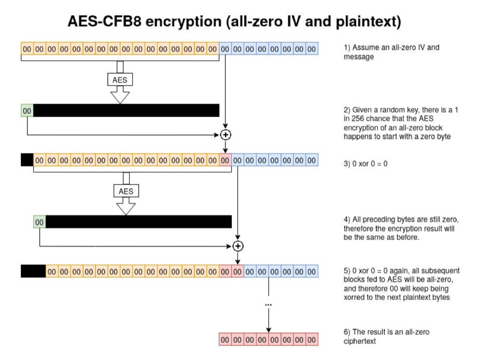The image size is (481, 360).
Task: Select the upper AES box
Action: pos(120,80)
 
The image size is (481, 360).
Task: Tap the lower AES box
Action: pos(126,191)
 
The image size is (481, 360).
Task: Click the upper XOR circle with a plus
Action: pos(225,135)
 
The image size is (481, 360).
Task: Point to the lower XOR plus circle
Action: pos(238,246)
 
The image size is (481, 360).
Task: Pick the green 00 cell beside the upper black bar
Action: pos(27,110)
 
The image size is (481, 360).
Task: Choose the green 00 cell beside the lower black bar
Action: pos(39,222)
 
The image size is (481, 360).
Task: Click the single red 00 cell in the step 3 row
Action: pos(225,160)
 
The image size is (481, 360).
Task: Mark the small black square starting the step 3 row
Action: pos(27,160)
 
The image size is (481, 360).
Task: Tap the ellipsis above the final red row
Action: pos(268,305)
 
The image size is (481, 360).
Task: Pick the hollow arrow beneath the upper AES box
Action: pos(120,95)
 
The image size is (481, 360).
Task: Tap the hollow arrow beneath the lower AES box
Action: pos(126,207)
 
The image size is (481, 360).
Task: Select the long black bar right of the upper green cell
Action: pos(126,110)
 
